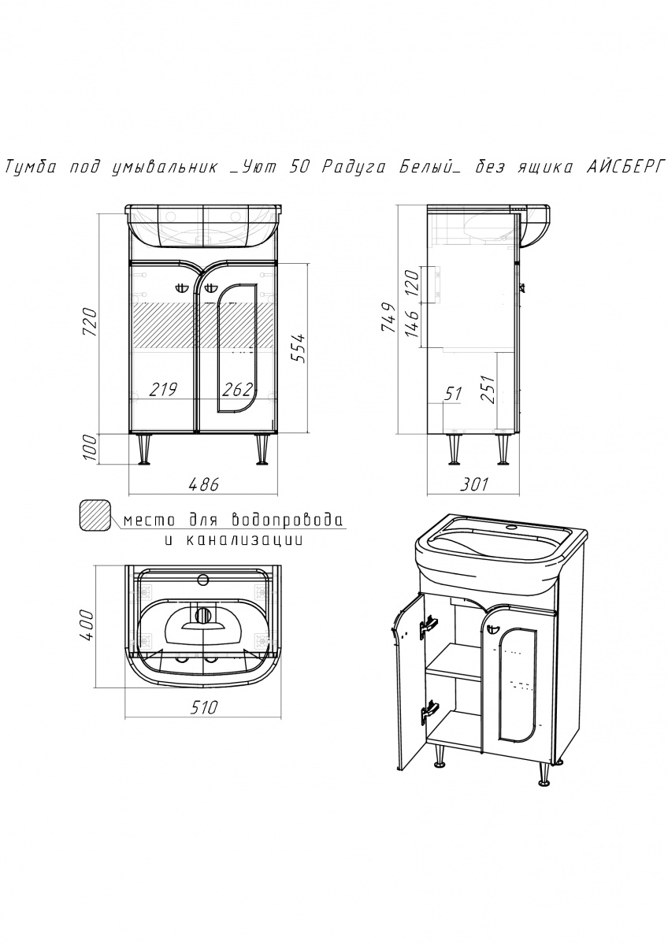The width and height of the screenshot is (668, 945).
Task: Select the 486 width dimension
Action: coord(202,484)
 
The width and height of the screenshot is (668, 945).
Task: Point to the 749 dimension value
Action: coord(387,317)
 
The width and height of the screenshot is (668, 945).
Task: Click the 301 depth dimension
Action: coord(472,484)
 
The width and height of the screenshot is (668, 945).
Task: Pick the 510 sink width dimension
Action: coord(202,707)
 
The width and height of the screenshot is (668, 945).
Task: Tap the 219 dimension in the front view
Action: coord(161,389)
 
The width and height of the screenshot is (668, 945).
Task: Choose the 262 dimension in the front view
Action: coord(237,389)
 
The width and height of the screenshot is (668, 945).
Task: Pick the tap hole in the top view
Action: coord(203,581)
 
